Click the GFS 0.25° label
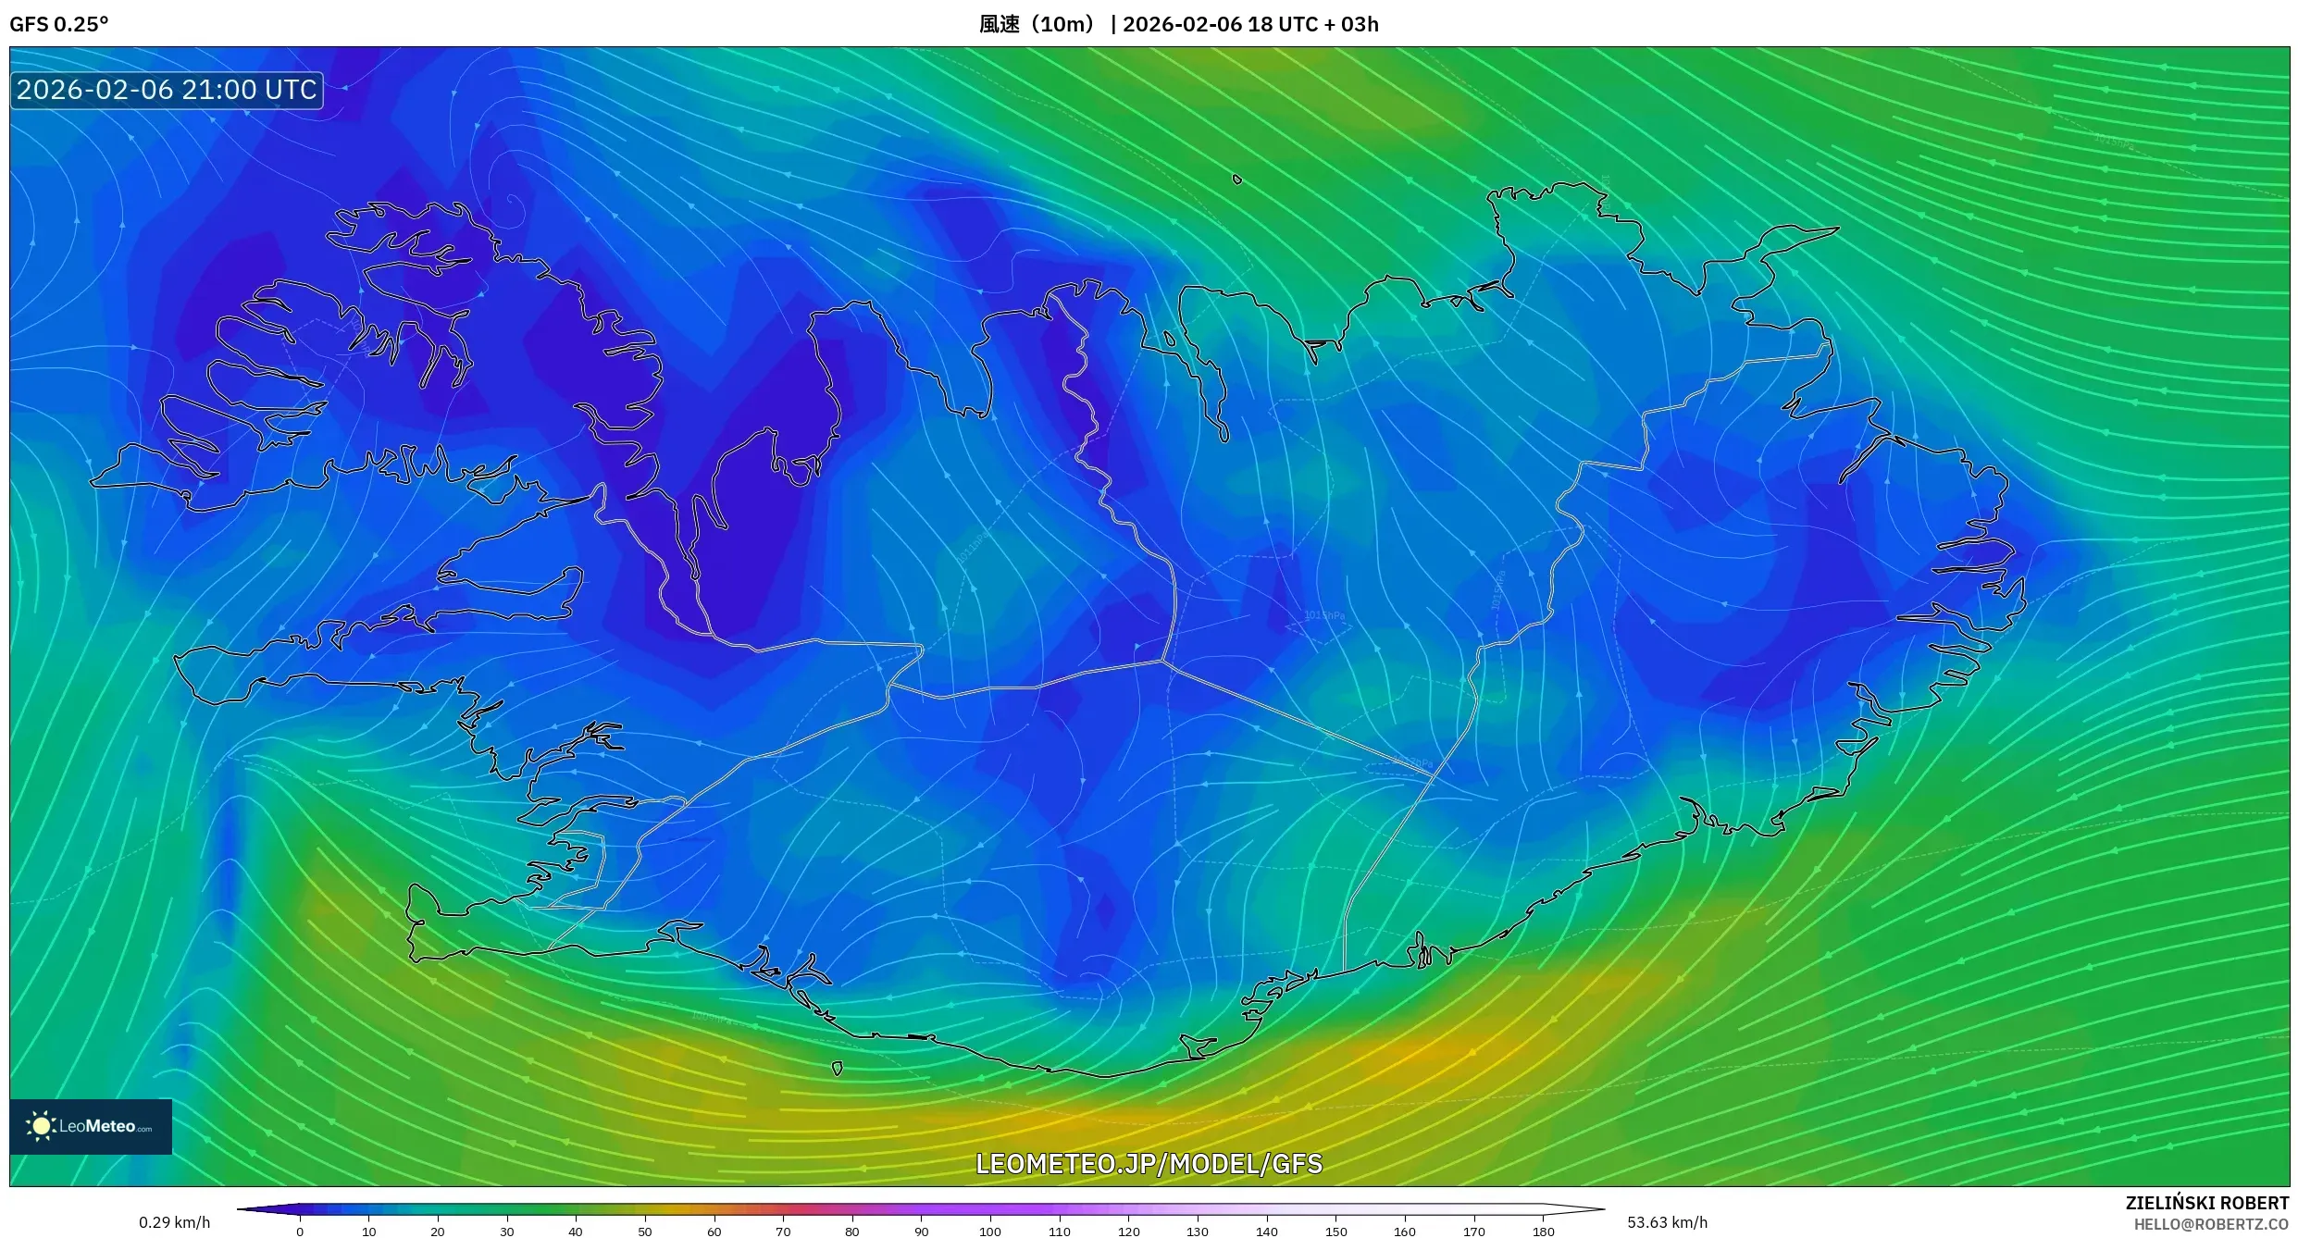pos(58,24)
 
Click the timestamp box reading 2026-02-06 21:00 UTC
pos(167,90)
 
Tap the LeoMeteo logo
pos(91,1126)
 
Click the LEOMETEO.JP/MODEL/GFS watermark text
pos(1149,1163)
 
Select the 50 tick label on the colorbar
pos(644,1232)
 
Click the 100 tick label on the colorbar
pos(989,1232)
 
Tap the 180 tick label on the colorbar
pos(1543,1232)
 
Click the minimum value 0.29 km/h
pos(174,1222)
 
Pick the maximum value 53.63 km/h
pos(1667,1222)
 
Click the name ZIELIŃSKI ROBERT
pos(2206,1203)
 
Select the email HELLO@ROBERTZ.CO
pos(2211,1224)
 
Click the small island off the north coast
pos(1237,180)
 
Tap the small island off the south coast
pos(837,1069)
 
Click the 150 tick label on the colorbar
pos(1335,1232)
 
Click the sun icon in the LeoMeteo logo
pos(41,1126)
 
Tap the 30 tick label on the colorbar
pos(506,1232)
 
